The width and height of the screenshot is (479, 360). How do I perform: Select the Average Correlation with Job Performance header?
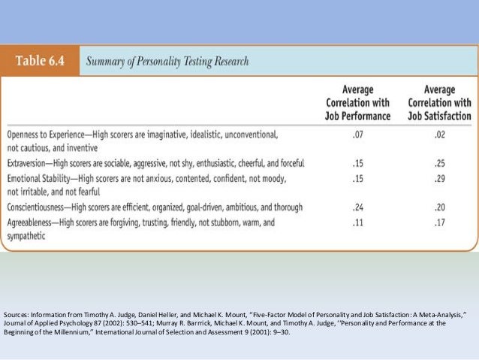coord(358,102)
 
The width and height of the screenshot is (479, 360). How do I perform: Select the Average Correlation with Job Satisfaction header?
coord(439,102)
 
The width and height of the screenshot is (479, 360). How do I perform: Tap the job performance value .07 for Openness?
coord(358,134)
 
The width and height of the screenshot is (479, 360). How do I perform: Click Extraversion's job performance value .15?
coord(358,163)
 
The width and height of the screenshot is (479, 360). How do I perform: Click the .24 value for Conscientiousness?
coord(358,207)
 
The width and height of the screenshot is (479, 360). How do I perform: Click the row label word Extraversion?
coord(29,163)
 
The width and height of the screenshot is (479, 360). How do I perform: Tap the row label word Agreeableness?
coord(32,222)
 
